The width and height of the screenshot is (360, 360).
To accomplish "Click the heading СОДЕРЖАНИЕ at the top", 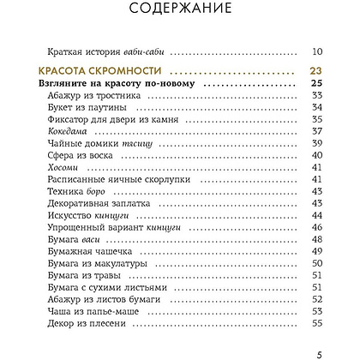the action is pyautogui.click(x=180, y=10).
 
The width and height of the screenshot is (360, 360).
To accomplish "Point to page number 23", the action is pyautogui.click(x=314, y=71).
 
